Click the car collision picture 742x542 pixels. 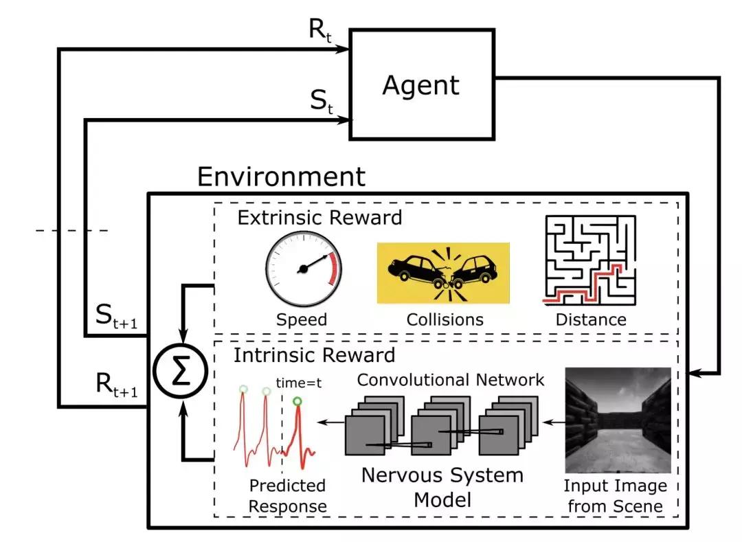click(x=442, y=272)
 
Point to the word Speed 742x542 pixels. click(x=302, y=319)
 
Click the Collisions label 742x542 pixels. click(x=445, y=319)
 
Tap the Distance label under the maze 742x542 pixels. click(x=591, y=319)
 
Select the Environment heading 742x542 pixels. click(x=281, y=177)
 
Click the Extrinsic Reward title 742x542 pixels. click(x=319, y=219)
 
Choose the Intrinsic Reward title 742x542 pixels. click(x=314, y=355)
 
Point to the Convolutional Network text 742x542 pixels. click(x=451, y=379)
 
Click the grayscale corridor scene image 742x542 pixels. click(x=617, y=420)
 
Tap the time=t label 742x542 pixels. click(x=299, y=384)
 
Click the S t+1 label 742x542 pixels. click(x=117, y=317)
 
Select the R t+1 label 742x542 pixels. click(x=117, y=387)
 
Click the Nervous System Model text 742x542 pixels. click(x=442, y=486)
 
